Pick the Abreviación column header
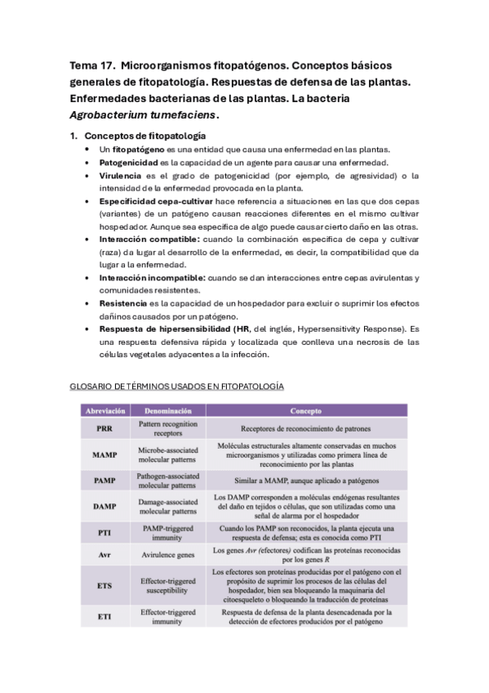(x=104, y=410)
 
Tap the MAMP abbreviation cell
(x=104, y=454)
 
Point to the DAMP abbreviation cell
(x=104, y=506)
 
